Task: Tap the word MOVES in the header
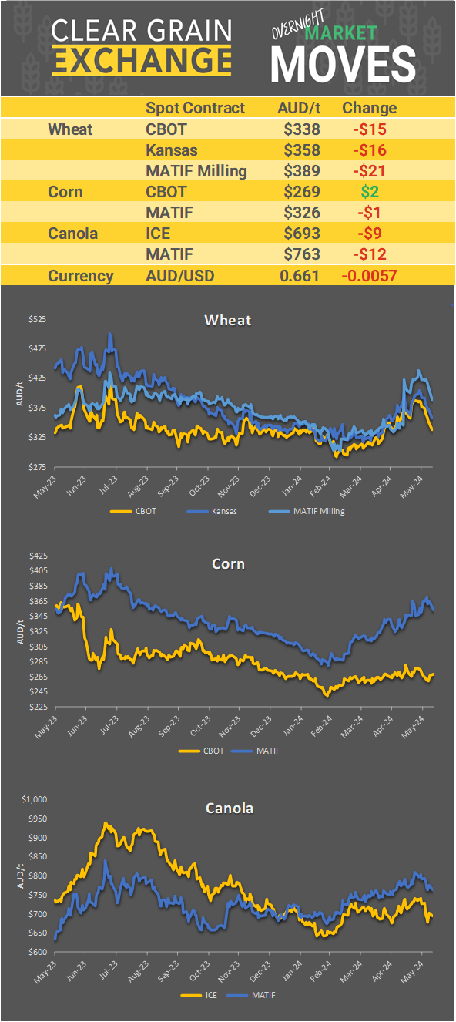343,63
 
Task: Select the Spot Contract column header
195,108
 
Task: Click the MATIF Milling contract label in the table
196,170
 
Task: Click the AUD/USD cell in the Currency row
181,276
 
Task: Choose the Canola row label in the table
72,234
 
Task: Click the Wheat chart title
228,320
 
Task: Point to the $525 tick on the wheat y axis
36,318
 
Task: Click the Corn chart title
228,563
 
